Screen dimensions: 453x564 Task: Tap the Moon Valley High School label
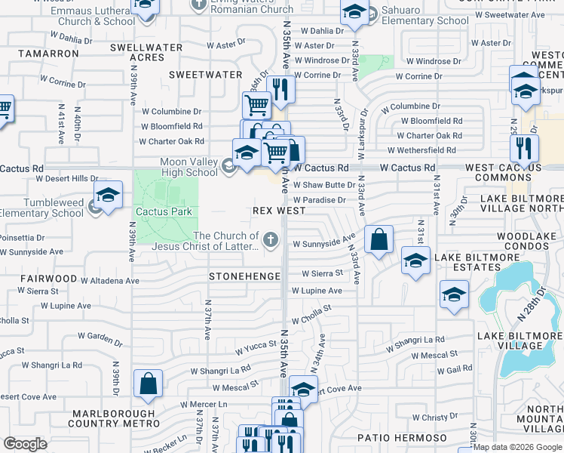(x=188, y=168)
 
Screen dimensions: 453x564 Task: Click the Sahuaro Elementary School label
(x=425, y=21)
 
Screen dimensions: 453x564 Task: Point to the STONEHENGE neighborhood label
(x=245, y=276)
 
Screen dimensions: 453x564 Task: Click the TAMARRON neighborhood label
(x=49, y=54)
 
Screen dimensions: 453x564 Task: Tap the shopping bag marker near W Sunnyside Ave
(x=379, y=239)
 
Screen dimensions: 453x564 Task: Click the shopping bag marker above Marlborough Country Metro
(x=148, y=384)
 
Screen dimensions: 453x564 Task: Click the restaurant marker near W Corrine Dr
(x=280, y=90)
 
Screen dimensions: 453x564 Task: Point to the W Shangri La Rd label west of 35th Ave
(x=220, y=370)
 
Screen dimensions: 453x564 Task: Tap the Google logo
(x=25, y=444)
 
